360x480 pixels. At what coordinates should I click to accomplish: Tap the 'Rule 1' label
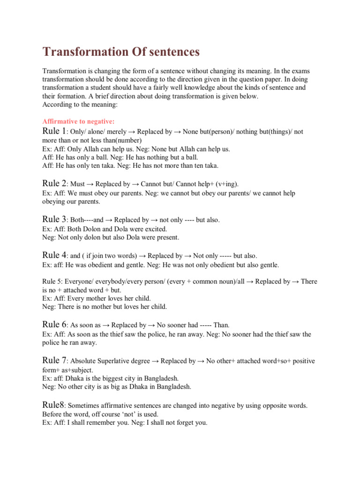click(54, 132)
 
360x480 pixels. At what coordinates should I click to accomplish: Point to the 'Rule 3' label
click(54, 219)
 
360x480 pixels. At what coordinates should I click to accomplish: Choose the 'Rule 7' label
click(54, 360)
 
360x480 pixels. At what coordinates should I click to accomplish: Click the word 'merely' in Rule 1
click(120, 133)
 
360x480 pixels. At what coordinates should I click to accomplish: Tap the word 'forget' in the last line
click(186, 422)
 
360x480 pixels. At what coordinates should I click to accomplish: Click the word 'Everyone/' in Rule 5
click(83, 282)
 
